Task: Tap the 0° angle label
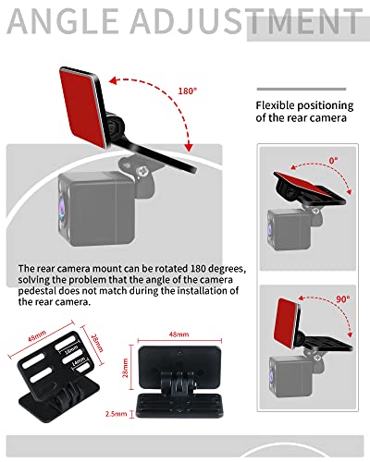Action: pos(333,159)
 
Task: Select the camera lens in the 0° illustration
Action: pos(271,223)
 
